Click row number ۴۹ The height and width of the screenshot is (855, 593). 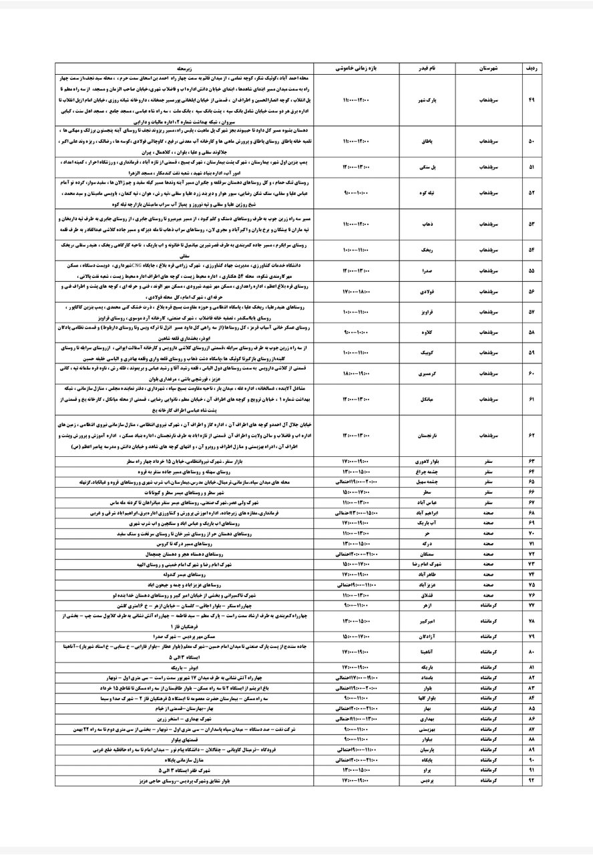532,100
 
